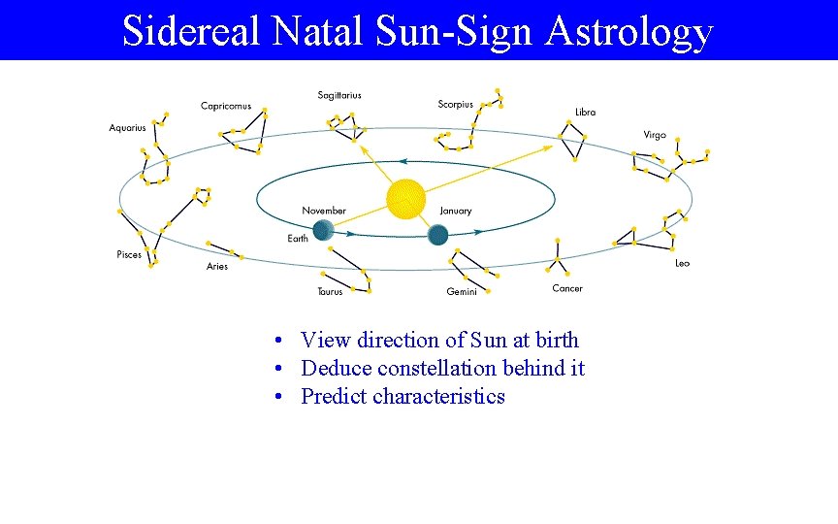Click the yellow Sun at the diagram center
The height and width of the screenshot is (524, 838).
click(x=405, y=199)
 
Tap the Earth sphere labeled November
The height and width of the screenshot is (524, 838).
click(x=323, y=229)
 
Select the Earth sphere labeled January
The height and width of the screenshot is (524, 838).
click(x=437, y=234)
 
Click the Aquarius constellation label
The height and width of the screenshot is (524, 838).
click(x=127, y=128)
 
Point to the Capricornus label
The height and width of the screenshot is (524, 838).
click(x=226, y=106)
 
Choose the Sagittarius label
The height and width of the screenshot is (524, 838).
click(x=339, y=95)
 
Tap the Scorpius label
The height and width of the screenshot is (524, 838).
click(x=456, y=104)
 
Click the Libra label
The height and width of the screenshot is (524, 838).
click(x=586, y=113)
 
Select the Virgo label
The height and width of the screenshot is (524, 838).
click(x=655, y=135)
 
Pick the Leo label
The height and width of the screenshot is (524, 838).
click(x=683, y=264)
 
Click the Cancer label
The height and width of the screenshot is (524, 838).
click(x=567, y=288)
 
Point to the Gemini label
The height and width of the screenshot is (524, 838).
click(x=462, y=291)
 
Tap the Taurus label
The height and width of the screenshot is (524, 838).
click(x=330, y=291)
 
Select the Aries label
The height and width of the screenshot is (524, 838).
click(x=217, y=267)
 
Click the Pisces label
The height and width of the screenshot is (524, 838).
click(x=129, y=255)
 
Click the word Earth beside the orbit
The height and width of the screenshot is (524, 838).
click(x=298, y=239)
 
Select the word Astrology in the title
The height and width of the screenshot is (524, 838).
click(x=629, y=31)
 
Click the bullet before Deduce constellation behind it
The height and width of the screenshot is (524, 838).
click(x=278, y=369)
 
